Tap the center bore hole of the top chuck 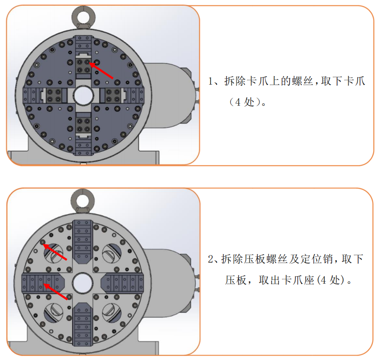coord(83,95)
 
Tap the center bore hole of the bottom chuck coord(82,283)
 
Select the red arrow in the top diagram coord(101,71)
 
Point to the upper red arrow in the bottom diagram coord(55,252)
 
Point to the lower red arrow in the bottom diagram coord(55,291)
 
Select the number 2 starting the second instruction coord(211,259)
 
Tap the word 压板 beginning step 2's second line coord(236,280)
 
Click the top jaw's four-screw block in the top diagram coord(83,66)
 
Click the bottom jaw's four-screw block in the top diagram coord(83,125)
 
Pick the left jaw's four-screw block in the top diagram coord(54,95)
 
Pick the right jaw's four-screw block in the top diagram coord(113,95)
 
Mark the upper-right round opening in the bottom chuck coord(112,253)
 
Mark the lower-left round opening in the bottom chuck coord(53,313)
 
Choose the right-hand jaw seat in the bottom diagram coord(122,283)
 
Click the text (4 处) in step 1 coord(247,102)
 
